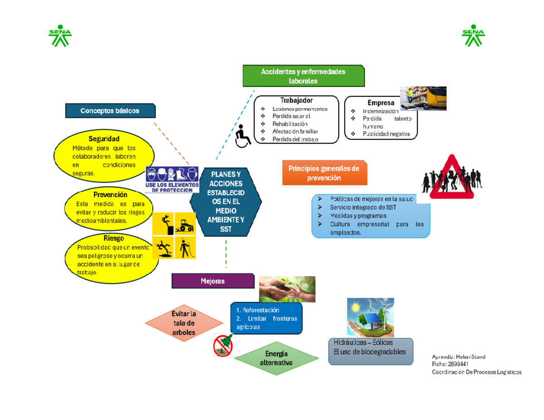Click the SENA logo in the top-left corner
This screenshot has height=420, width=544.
tap(60, 37)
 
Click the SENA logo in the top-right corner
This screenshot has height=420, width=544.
tap(473, 37)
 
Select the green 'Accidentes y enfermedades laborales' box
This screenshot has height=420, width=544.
tap(303, 76)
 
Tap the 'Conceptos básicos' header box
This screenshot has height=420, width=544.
tap(110, 111)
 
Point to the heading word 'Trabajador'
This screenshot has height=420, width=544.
tap(296, 100)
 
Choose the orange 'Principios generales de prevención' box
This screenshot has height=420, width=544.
tap(324, 173)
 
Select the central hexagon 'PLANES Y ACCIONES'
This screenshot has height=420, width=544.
tap(225, 202)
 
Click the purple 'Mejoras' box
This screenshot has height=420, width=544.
tap(213, 281)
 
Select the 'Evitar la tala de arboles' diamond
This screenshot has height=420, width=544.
tap(184, 323)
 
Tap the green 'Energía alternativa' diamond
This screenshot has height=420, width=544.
tap(276, 358)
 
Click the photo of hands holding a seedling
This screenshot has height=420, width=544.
tap(287, 289)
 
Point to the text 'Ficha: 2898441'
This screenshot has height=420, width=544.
tap(451, 364)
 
